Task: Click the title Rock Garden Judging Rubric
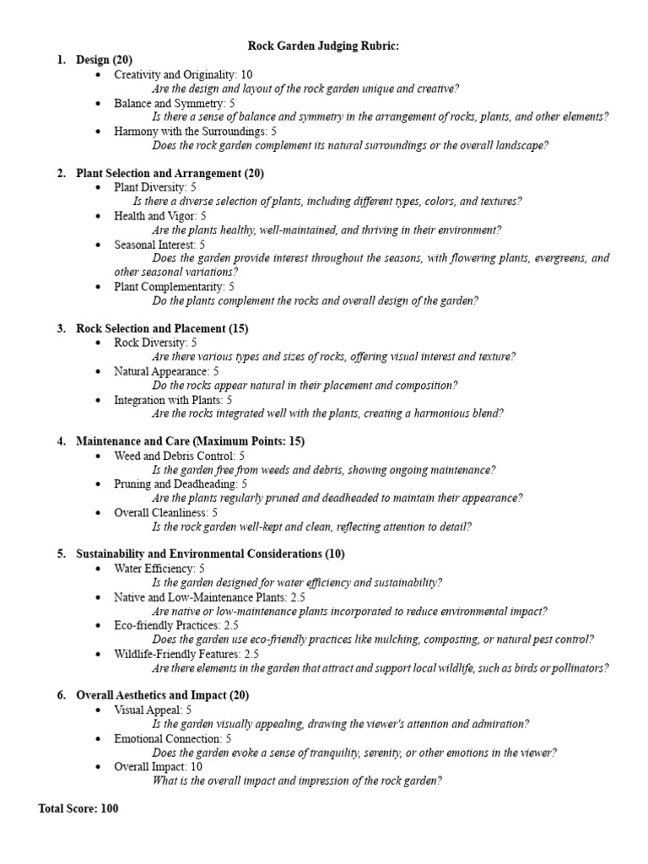tap(323, 46)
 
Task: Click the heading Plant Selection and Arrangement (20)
tap(170, 173)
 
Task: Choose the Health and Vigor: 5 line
tap(160, 216)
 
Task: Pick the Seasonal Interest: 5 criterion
tap(165, 244)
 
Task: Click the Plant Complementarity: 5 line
tap(174, 286)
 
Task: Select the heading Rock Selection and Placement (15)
tap(162, 328)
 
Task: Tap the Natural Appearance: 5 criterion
tap(166, 370)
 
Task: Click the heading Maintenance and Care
tap(190, 441)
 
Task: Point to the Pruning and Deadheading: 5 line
tap(181, 483)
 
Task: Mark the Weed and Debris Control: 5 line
tap(180, 456)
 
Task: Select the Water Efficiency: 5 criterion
tap(159, 568)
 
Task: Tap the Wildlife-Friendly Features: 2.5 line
tap(186, 653)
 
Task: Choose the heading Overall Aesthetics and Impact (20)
tap(162, 695)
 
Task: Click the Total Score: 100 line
tap(78, 808)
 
